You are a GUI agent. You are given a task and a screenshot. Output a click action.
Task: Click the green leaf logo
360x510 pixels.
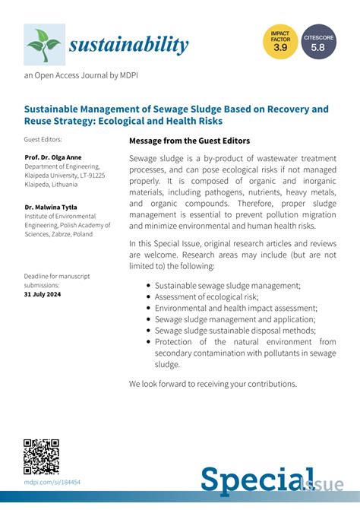pos(44,44)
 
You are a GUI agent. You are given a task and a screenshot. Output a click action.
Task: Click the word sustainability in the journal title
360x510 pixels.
pos(128,45)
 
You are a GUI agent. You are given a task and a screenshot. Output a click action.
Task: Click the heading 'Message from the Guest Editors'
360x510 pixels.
pos(189,141)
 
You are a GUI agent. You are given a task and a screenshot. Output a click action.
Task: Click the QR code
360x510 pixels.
pos(41,457)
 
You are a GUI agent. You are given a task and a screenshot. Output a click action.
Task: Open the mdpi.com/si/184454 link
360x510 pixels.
pos(52,482)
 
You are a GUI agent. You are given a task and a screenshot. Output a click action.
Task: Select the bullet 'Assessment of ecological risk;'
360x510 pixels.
pos(210,297)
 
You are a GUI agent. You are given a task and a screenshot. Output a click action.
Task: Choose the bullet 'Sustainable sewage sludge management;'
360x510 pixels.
pos(227,285)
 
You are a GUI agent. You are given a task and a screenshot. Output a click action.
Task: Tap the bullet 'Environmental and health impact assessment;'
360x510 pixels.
pos(235,309)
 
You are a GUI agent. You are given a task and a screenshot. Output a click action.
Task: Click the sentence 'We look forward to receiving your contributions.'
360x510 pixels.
pos(213,384)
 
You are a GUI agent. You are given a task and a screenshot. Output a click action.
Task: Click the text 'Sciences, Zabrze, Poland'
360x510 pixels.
pos(58,234)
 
